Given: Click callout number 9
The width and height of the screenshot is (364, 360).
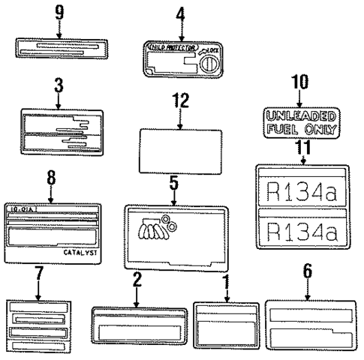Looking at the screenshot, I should tap(59, 13).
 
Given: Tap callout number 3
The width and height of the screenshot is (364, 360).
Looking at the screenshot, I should tap(58, 85).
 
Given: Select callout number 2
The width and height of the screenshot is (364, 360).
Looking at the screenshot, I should tap(137, 280).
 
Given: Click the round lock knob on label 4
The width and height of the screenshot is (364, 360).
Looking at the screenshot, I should tap(206, 62).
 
